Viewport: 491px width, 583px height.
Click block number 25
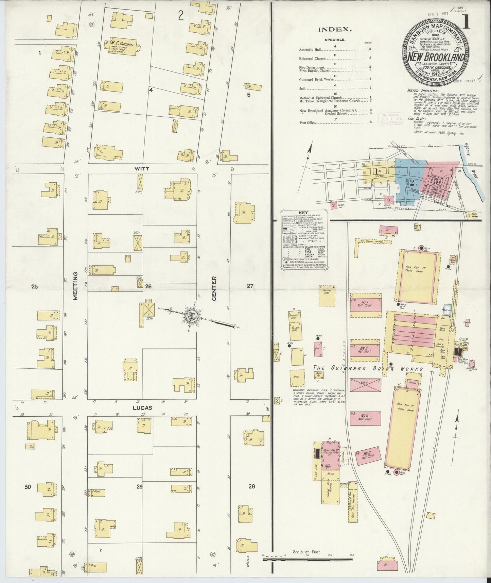coord(34,286)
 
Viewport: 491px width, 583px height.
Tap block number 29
coord(139,487)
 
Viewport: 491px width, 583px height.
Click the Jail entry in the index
coord(302,88)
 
